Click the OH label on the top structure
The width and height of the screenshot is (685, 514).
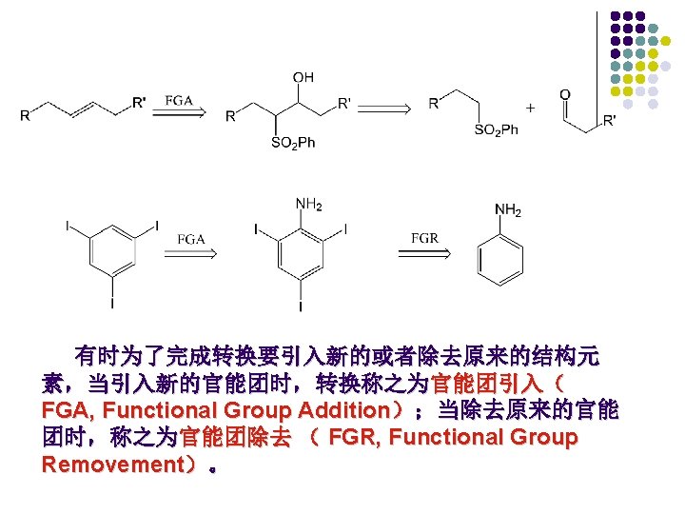303,76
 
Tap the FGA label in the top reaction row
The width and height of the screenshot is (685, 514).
180,99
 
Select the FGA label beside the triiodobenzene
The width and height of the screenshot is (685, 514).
191,239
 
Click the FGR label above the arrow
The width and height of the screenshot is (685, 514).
424,237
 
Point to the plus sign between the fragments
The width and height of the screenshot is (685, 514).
530,107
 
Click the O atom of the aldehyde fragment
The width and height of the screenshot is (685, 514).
565,94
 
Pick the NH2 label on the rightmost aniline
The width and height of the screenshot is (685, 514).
509,209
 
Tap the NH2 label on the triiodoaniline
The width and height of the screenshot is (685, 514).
308,204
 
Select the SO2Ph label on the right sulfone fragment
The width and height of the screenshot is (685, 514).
496,130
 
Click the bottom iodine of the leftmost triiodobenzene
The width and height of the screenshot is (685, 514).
112,304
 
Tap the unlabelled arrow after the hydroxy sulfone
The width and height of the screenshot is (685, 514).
390,109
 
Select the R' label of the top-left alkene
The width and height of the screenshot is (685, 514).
139,100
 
